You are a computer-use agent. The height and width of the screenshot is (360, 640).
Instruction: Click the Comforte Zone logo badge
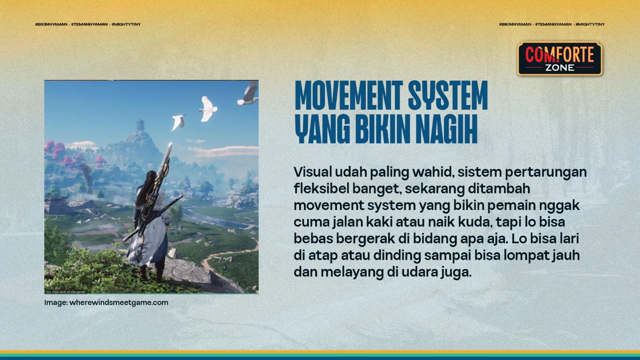pyautogui.click(x=559, y=59)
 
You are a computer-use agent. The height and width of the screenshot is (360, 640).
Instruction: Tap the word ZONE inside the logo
pyautogui.click(x=559, y=67)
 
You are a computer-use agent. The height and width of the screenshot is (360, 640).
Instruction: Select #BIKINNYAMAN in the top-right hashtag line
pyautogui.click(x=515, y=24)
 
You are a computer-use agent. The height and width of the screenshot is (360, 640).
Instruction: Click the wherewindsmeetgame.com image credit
pyautogui.click(x=119, y=302)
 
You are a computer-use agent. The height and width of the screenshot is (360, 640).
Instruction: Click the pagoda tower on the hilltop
pyautogui.click(x=140, y=126)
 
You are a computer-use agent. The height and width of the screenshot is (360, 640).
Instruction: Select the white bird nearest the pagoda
pyautogui.click(x=178, y=122)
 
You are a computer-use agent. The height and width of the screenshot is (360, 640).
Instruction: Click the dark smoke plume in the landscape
pyautogui.click(x=86, y=171)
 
